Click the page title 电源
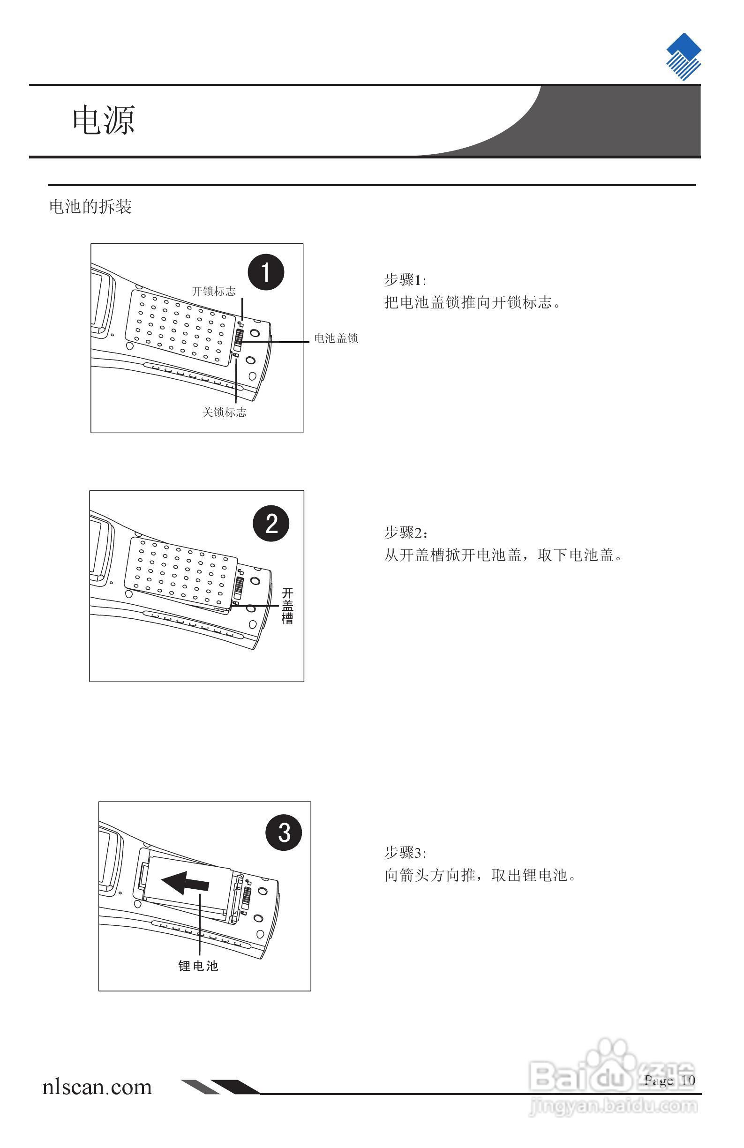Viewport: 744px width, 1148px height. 103,120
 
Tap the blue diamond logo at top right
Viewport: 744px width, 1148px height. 683,56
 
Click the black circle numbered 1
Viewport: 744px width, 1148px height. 266,272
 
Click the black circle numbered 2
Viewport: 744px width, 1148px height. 271,523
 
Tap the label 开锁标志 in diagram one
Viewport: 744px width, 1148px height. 214,292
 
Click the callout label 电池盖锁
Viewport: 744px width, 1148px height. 336,338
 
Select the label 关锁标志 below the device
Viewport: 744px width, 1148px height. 224,413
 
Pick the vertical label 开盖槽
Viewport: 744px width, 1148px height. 287,606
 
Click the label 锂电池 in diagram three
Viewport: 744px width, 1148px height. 198,966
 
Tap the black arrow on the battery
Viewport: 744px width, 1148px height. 185,883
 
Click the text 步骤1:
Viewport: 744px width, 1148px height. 405,280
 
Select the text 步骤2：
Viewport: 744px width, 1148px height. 406,533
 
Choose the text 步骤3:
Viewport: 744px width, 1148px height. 405,853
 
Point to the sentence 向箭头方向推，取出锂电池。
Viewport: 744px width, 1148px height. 480,876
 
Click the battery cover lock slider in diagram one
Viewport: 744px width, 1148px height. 238,341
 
